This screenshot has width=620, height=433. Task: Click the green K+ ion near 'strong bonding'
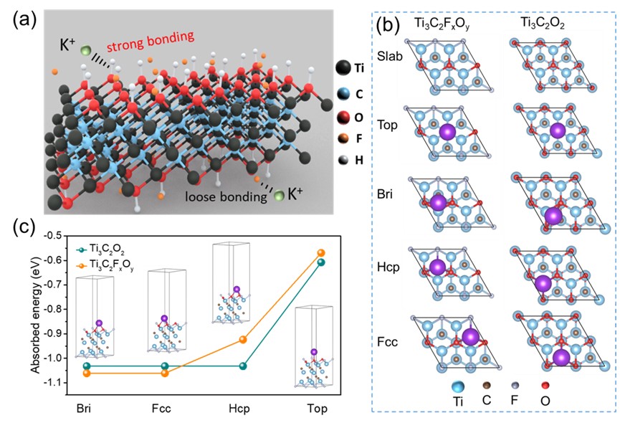(x=86, y=51)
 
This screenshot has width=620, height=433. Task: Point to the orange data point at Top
(x=321, y=252)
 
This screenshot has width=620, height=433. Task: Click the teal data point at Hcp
(x=243, y=366)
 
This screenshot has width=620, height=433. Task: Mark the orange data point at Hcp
(x=243, y=340)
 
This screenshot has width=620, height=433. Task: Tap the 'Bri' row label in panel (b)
(x=388, y=199)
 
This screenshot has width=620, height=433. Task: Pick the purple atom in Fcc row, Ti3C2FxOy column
(x=470, y=338)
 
